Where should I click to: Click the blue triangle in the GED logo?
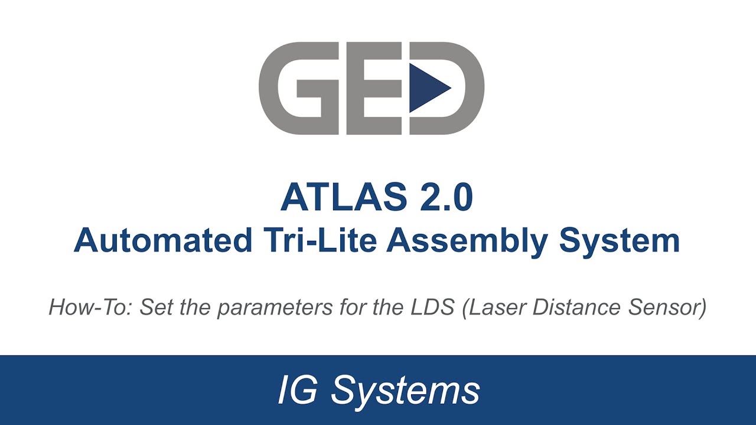click(426, 88)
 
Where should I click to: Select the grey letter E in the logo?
click(369, 88)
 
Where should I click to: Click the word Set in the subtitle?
click(155, 308)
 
